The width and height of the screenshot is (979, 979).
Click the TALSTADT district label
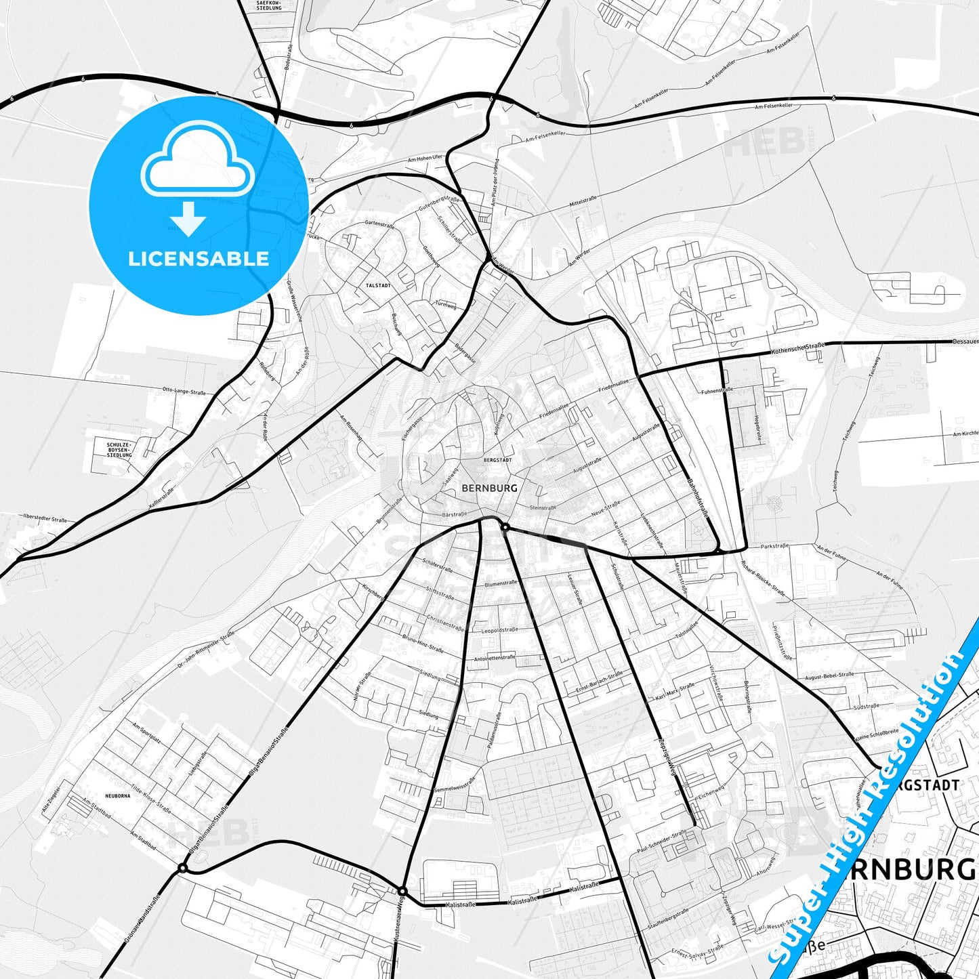pyautogui.click(x=377, y=286)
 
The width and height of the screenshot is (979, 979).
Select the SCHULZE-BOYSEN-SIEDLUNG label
pyautogui.click(x=119, y=450)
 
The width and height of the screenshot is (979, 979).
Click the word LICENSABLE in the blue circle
pyautogui.click(x=199, y=258)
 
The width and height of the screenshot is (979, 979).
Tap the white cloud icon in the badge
pyautogui.click(x=197, y=161)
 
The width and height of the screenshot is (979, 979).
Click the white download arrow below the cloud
pyautogui.click(x=188, y=218)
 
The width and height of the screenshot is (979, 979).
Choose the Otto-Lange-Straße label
pyautogui.click(x=184, y=392)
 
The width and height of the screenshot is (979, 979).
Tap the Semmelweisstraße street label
pyautogui.click(x=455, y=789)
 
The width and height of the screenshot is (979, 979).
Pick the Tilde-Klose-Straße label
pyautogui.click(x=150, y=799)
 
